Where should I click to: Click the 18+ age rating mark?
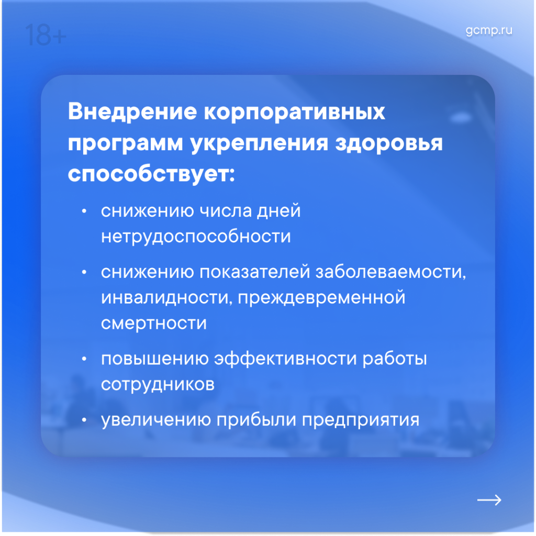pyautogui.click(x=46, y=35)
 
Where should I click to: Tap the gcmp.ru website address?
pyautogui.click(x=489, y=31)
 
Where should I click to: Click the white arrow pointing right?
pyautogui.click(x=489, y=500)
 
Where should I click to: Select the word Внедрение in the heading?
pyautogui.click(x=132, y=111)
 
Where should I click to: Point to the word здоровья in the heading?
pyautogui.click(x=389, y=143)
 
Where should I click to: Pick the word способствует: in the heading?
pyautogui.click(x=151, y=174)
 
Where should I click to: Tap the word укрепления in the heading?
pyautogui.click(x=259, y=143)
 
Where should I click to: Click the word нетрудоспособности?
pyautogui.click(x=196, y=237)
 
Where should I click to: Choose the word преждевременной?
pyautogui.click(x=321, y=298)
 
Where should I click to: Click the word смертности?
pyautogui.click(x=154, y=323)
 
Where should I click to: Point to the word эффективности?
pyautogui.click(x=285, y=359)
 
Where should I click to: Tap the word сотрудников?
pyautogui.click(x=158, y=385)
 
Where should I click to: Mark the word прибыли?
pyautogui.click(x=256, y=420)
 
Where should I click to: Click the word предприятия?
pyautogui.click(x=361, y=420)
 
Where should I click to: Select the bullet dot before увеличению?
pyautogui.click(x=84, y=420)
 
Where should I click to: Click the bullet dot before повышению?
pyautogui.click(x=84, y=359)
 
